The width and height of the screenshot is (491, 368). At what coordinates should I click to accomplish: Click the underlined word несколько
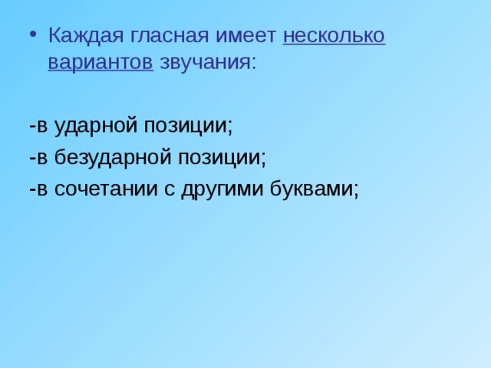click(x=334, y=36)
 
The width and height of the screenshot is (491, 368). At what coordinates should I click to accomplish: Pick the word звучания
click(x=204, y=62)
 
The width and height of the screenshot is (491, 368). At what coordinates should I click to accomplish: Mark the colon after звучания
click(x=252, y=63)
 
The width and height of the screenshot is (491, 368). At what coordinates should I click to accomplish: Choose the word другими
click(x=223, y=189)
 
